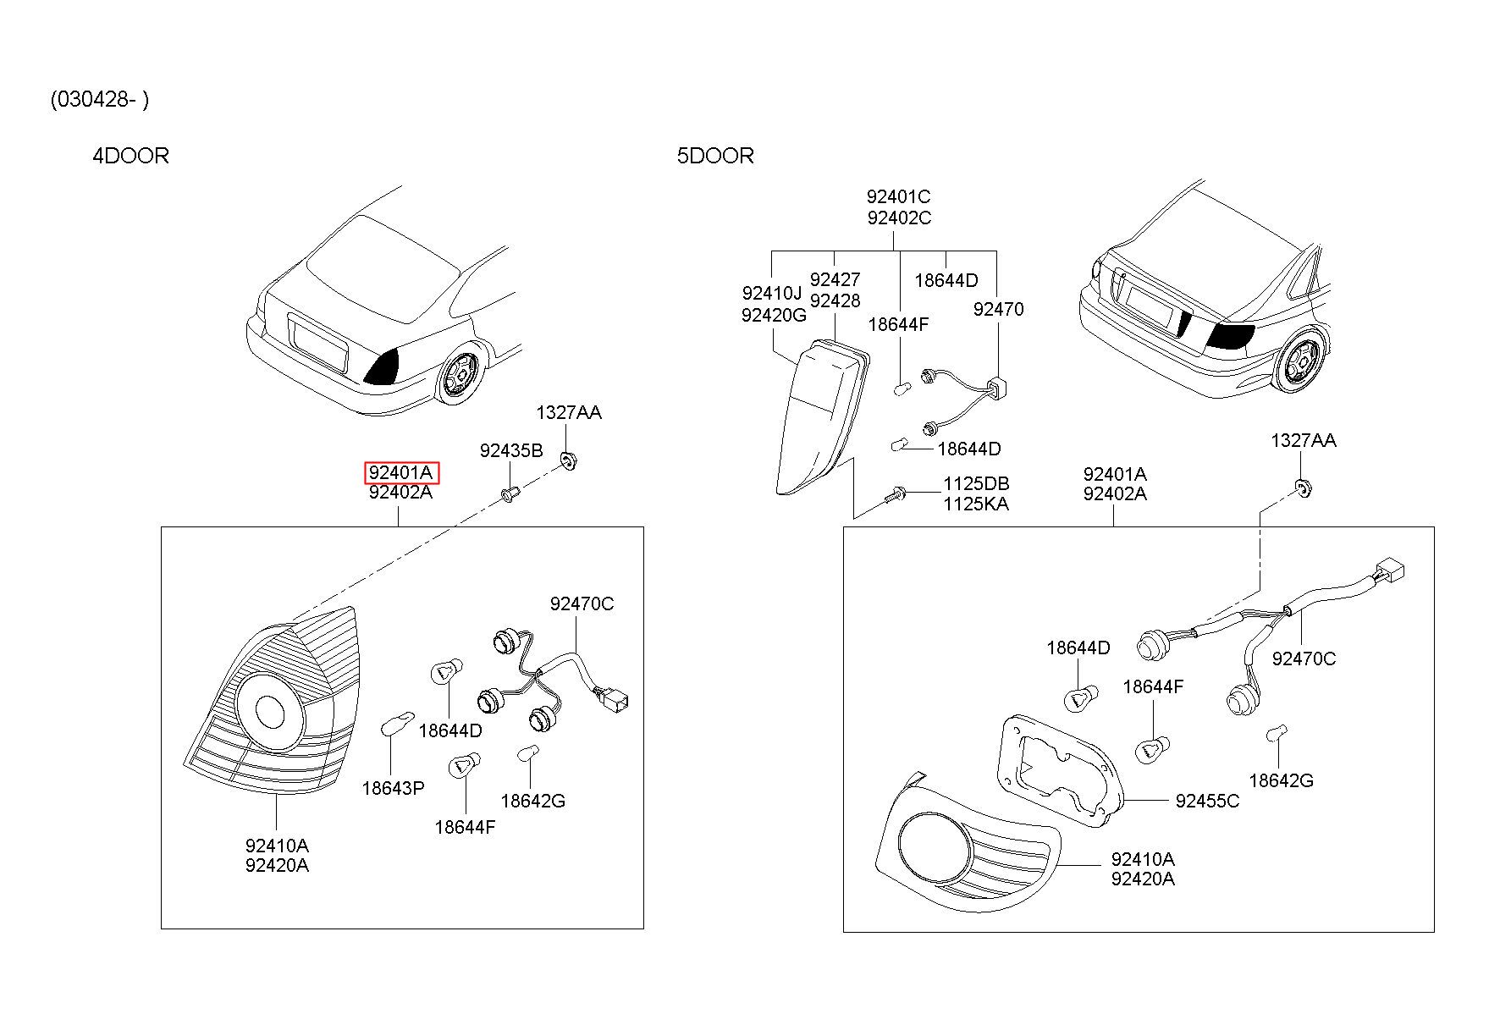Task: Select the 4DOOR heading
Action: (x=130, y=156)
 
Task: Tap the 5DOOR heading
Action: (x=715, y=156)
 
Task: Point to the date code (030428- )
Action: (x=100, y=100)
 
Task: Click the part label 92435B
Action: (x=511, y=450)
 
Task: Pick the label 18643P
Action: (x=393, y=788)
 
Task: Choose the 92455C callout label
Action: (x=1207, y=801)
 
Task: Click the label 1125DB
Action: (x=976, y=484)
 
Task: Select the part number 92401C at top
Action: (x=898, y=197)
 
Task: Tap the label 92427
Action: (x=835, y=279)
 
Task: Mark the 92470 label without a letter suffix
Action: (x=998, y=309)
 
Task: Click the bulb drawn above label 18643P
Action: (x=398, y=724)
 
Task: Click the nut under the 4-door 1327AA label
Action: (x=568, y=462)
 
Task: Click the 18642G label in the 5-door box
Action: (x=1281, y=780)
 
